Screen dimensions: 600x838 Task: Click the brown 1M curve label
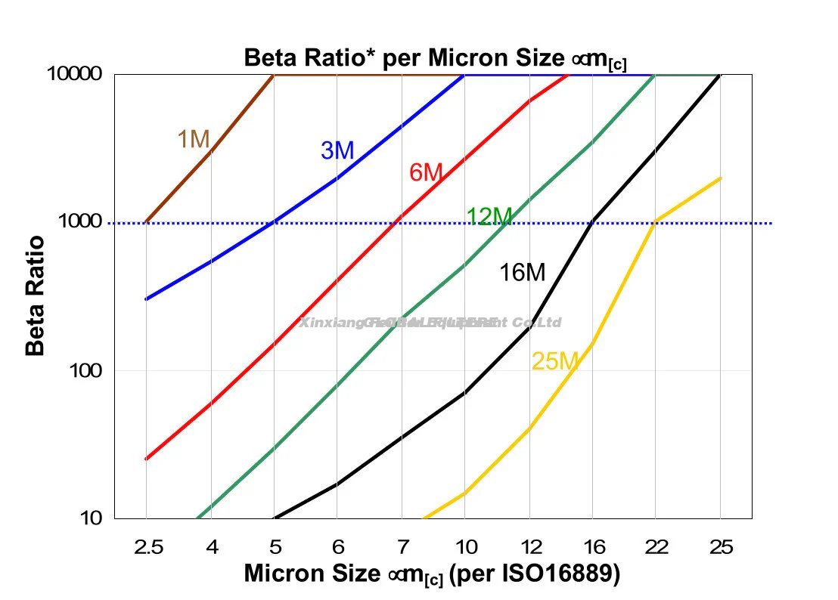[x=193, y=139]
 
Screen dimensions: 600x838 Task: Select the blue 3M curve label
[x=337, y=151]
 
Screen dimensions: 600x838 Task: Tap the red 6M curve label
[x=425, y=173]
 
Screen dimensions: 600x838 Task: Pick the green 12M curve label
[x=489, y=217]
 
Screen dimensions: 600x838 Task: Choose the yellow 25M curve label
[x=554, y=362]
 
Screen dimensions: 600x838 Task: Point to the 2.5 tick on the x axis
[x=146, y=546]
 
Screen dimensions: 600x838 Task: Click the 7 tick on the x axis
[x=402, y=546]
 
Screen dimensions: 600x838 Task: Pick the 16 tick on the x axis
[x=593, y=546]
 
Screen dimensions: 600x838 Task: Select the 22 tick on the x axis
[x=656, y=546]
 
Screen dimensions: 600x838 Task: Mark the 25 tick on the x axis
[x=721, y=546]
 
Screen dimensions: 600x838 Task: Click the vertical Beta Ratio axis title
[x=35, y=296]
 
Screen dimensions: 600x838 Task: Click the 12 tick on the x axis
[x=529, y=546]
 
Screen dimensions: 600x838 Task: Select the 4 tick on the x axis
[x=211, y=546]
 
